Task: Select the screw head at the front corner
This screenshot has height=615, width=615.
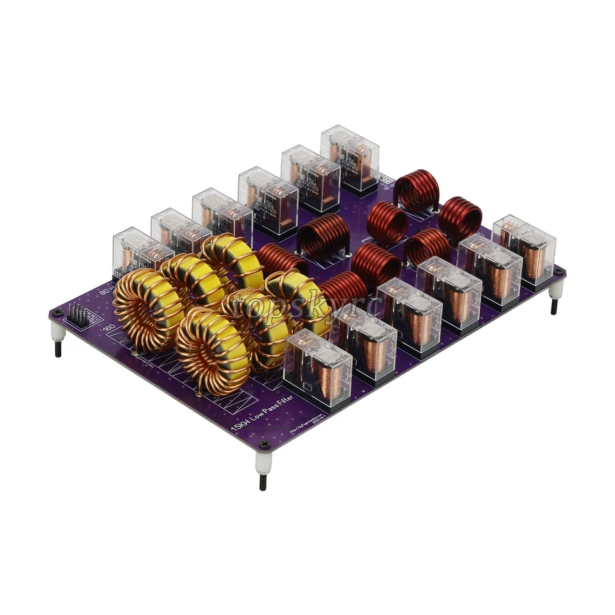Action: pyautogui.click(x=263, y=445)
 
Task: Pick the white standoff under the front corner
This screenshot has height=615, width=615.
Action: pyautogui.click(x=263, y=461)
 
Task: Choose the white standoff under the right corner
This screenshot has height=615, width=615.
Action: pyautogui.click(x=555, y=290)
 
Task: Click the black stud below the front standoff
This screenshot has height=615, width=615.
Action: pyautogui.click(x=263, y=482)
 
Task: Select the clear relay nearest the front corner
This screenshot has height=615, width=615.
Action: pyautogui.click(x=318, y=368)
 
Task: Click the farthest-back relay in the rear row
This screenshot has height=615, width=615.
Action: pyautogui.click(x=350, y=156)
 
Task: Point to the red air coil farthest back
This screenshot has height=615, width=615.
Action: pyautogui.click(x=417, y=190)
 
